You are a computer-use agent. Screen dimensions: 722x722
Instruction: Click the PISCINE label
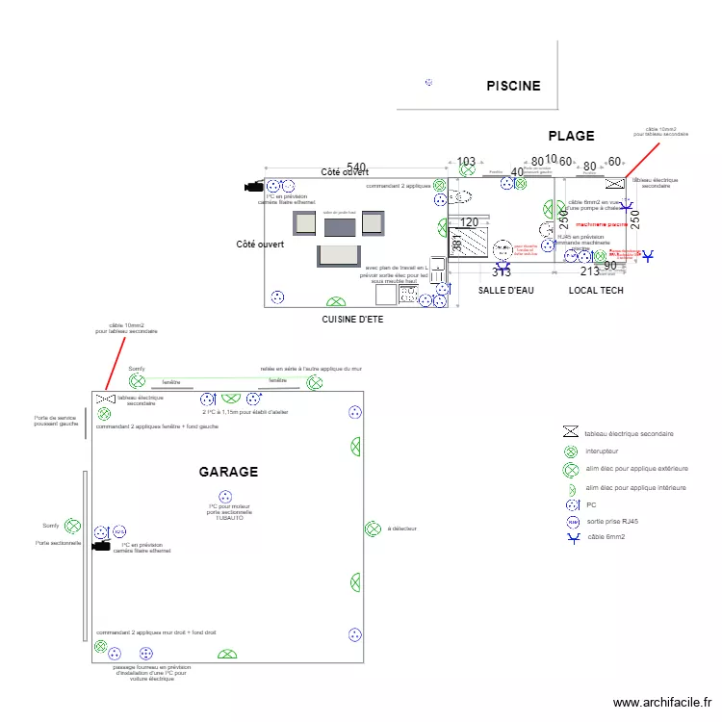point(513,86)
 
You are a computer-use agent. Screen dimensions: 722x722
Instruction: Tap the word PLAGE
point(571,136)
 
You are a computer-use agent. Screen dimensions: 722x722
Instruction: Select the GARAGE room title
point(228,472)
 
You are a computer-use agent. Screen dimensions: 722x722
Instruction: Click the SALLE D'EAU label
point(505,290)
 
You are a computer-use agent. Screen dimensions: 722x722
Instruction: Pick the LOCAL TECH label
point(596,290)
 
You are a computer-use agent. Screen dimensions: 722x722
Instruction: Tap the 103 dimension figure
point(466,162)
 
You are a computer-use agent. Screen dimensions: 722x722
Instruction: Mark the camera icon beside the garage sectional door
point(99,546)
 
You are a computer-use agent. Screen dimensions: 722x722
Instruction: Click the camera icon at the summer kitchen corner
point(254,187)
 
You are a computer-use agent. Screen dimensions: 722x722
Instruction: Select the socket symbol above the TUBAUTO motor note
point(226,497)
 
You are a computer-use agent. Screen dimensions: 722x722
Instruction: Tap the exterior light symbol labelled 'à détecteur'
point(373,529)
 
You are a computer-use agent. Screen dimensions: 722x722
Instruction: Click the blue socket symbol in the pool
point(428,83)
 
